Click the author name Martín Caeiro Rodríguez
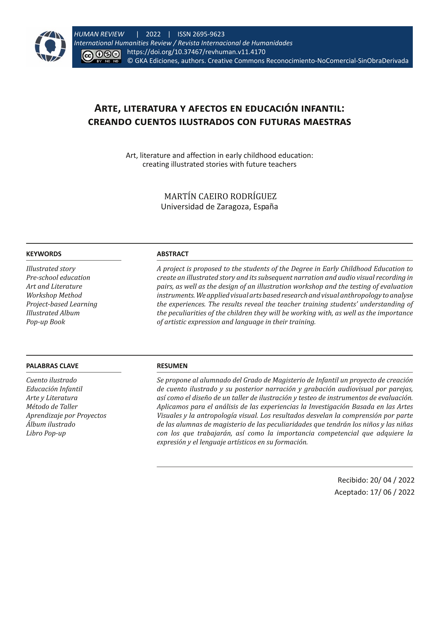click(220, 196)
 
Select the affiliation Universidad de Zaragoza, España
click(219, 207)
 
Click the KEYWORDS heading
click(44, 254)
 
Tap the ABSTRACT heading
click(172, 254)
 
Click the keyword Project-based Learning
click(62, 304)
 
